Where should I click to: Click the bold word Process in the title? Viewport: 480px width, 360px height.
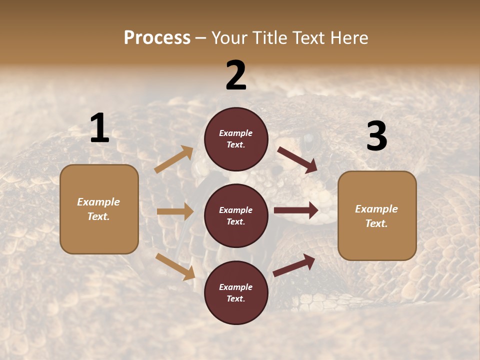click(157, 37)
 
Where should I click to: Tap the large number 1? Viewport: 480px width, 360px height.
click(99, 128)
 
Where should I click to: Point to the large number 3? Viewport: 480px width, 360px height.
click(376, 136)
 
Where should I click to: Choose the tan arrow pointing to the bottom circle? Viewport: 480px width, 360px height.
click(175, 266)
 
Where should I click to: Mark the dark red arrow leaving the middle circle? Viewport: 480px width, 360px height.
click(296, 210)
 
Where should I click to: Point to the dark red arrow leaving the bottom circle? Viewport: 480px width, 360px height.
click(294, 265)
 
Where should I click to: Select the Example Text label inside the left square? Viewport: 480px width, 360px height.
click(98, 209)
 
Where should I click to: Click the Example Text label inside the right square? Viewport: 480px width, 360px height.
click(376, 216)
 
